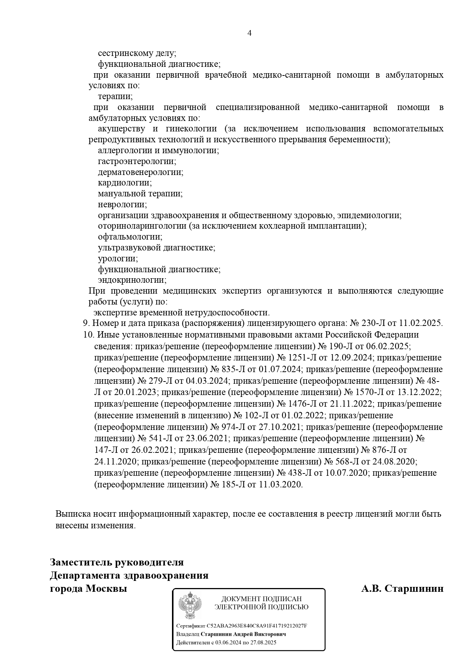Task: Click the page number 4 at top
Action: pyautogui.click(x=250, y=33)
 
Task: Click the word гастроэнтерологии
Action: pyautogui.click(x=137, y=161)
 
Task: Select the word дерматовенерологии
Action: pyautogui.click(x=140, y=172)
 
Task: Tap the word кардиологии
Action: pyautogui.click(x=125, y=183)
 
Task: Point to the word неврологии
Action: pyautogui.click(x=122, y=205)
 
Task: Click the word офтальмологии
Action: pyautogui.click(x=130, y=237)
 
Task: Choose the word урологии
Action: pyautogui.click(x=118, y=259)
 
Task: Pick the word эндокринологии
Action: pyautogui.click(x=132, y=280)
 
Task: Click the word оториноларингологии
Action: pyautogui.click(x=142, y=226)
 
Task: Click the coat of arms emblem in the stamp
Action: pyautogui.click(x=190, y=606)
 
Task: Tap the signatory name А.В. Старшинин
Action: pyautogui.click(x=402, y=588)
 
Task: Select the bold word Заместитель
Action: pyautogui.click(x=81, y=562)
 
